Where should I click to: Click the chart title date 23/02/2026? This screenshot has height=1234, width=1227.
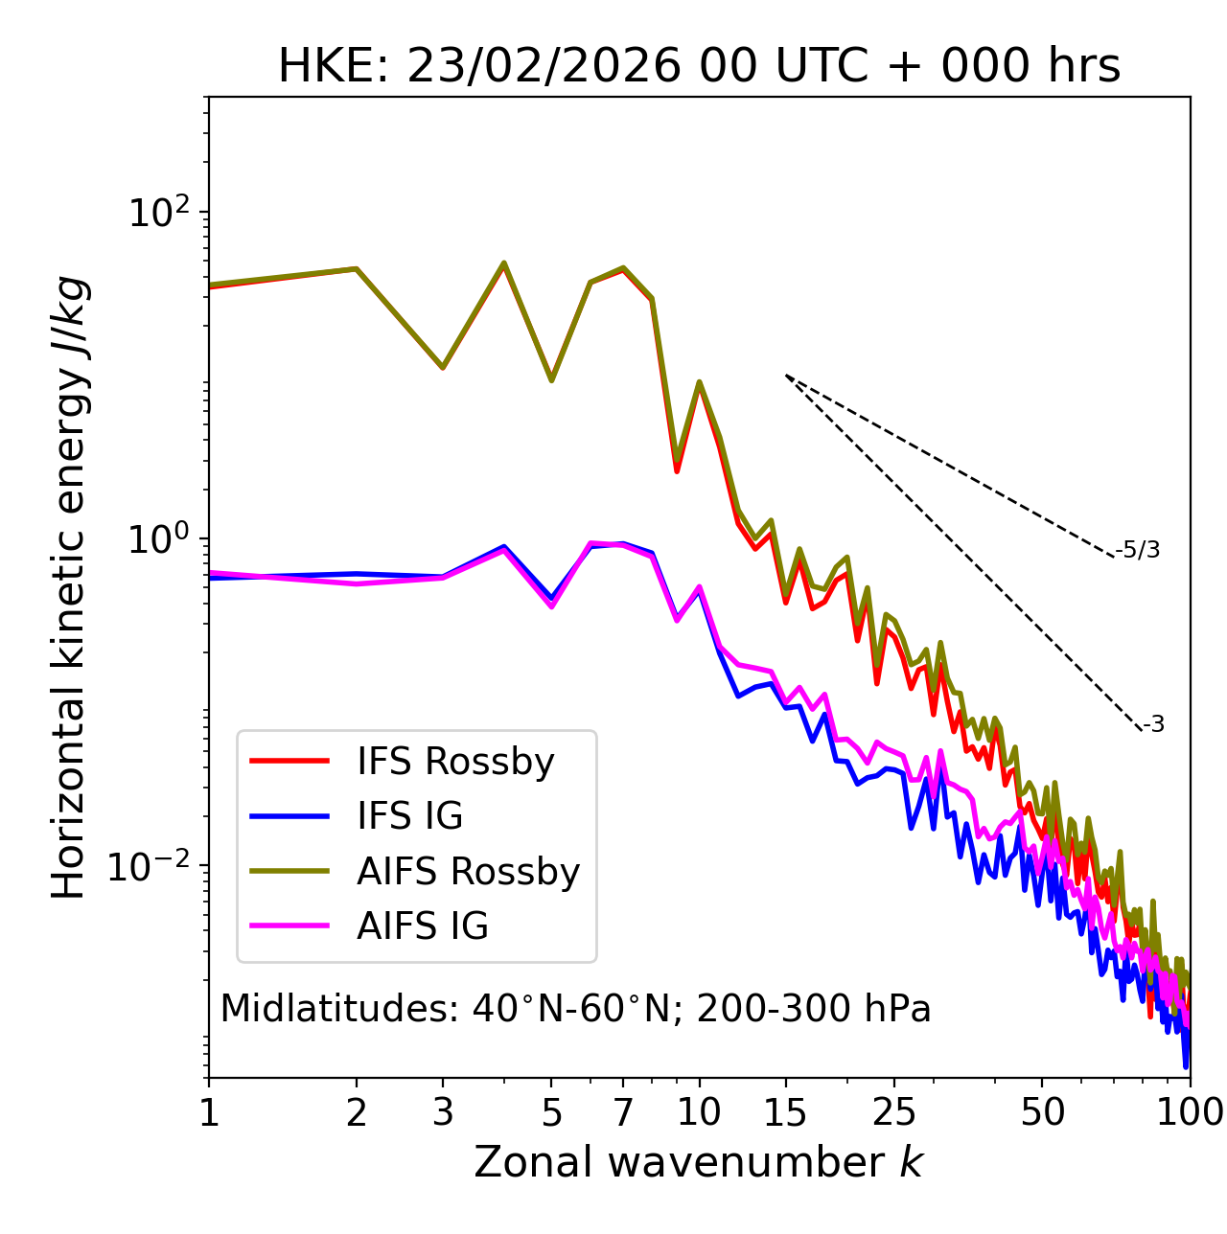point(544,67)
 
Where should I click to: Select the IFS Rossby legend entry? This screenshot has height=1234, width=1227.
point(455,762)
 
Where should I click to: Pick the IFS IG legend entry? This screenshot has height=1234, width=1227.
point(409,816)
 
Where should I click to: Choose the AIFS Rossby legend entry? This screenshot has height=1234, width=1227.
point(468,872)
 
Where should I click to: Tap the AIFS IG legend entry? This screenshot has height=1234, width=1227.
point(422,926)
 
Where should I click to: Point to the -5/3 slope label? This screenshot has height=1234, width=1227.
point(1138,550)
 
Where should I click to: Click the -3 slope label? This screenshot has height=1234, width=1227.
point(1153,725)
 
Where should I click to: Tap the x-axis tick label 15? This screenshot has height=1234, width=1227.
point(785,1112)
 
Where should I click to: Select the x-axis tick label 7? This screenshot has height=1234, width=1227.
point(623,1112)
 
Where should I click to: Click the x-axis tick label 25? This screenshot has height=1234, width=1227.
point(894,1112)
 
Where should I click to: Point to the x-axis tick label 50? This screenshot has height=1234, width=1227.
point(1042,1112)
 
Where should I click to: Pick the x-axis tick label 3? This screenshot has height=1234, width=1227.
point(443,1112)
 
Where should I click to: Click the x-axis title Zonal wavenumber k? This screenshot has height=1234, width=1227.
point(698,1162)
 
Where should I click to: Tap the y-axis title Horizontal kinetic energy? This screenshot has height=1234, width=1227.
point(69,588)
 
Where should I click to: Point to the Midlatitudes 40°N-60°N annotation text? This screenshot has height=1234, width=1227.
point(575,1009)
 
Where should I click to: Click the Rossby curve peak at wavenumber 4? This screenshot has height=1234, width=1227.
point(504,263)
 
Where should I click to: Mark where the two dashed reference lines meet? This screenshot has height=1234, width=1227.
point(786,376)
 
